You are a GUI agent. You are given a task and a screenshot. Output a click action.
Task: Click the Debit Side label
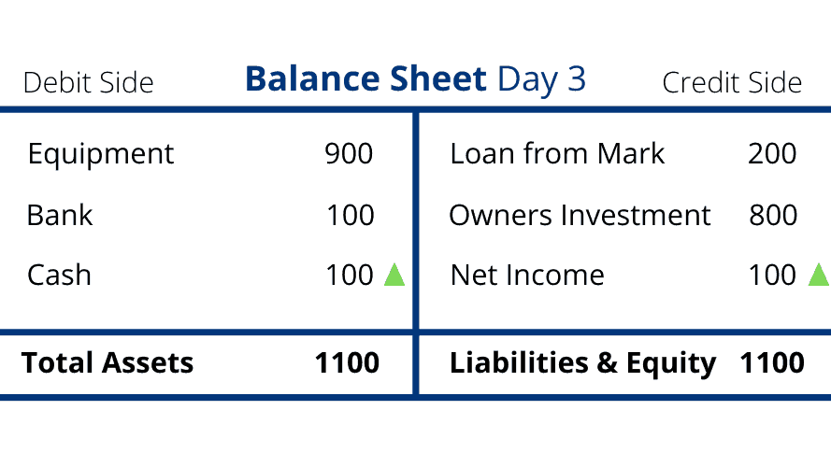(89, 82)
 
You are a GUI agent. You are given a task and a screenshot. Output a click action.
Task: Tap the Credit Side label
(732, 82)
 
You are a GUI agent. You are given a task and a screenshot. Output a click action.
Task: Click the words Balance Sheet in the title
(365, 78)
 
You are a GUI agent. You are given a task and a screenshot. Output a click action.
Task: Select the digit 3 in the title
(577, 78)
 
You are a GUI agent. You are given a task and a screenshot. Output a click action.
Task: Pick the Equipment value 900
(349, 153)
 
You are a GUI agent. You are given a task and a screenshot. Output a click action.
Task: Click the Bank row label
(60, 215)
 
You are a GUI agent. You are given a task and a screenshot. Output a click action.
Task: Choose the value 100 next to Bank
(351, 215)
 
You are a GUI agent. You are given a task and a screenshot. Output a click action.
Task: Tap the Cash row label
(60, 276)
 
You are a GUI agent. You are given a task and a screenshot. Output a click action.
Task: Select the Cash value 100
(350, 276)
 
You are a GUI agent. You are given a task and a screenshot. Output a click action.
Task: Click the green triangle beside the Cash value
(394, 275)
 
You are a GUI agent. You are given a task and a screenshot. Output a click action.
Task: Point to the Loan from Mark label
(557, 153)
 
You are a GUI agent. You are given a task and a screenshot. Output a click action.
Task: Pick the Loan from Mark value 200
(772, 153)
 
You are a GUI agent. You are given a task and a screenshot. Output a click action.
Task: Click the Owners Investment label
(580, 215)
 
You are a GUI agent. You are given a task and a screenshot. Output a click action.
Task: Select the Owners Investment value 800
(773, 215)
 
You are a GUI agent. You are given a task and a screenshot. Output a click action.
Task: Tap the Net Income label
(527, 276)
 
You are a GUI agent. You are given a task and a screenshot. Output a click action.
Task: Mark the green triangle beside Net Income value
(820, 275)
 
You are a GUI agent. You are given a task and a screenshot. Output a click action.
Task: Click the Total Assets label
(107, 363)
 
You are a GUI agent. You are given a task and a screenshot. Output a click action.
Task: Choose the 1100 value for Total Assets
(347, 363)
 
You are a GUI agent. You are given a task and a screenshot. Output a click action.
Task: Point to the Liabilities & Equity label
(583, 364)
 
